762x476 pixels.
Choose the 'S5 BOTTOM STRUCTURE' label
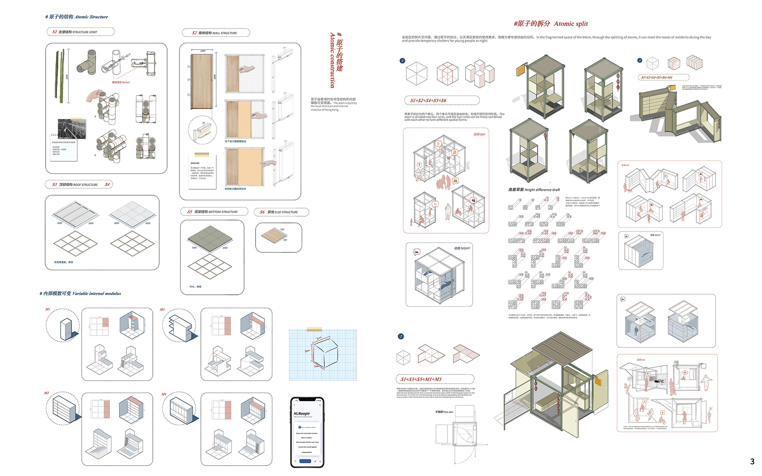[x=214, y=212]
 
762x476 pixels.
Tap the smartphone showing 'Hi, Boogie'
[x=307, y=432]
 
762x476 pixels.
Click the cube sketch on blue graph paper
[x=324, y=353]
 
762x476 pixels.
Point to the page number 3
[x=752, y=461]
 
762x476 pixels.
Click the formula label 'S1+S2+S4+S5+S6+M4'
[x=657, y=77]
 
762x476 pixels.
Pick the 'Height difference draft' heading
[x=534, y=190]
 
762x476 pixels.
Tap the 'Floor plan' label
[x=444, y=412]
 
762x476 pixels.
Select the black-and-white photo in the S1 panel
[x=71, y=129]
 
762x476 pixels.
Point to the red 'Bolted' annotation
[x=121, y=83]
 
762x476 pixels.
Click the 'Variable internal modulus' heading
[x=80, y=294]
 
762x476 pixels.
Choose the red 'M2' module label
[x=46, y=393]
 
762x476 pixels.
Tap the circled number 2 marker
[x=401, y=336]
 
